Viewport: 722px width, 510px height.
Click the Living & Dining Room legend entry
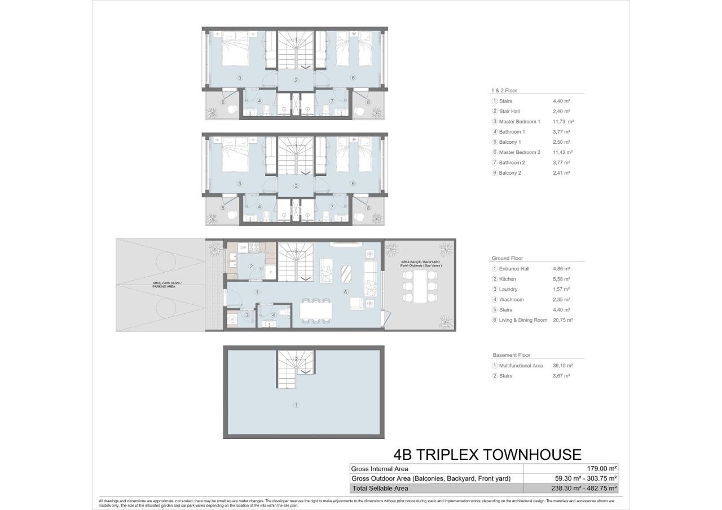click(x=523, y=320)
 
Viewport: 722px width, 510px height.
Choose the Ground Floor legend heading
click(x=507, y=258)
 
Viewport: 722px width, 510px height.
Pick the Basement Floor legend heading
click(x=511, y=355)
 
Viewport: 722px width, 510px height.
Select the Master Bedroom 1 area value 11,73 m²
click(x=563, y=122)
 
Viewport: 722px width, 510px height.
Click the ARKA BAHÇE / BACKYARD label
click(x=420, y=263)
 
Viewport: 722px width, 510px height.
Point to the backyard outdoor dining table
click(x=420, y=286)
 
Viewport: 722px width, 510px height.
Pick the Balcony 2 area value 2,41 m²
click(x=562, y=173)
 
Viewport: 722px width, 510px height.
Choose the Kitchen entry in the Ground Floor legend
click(x=507, y=279)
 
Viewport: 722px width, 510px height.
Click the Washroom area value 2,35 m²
click(x=562, y=300)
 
